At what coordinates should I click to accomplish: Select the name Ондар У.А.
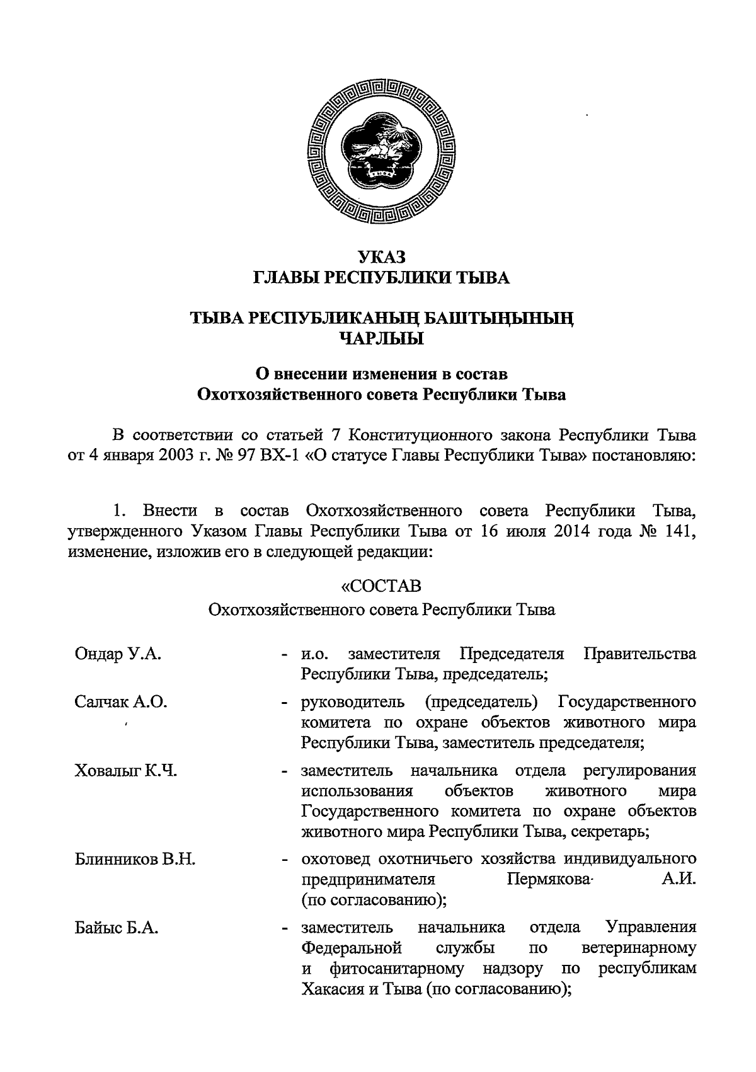[117, 654]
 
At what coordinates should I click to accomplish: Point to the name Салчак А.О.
[120, 702]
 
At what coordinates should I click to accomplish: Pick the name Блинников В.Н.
[135, 859]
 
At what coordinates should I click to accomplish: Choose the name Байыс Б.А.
[116, 928]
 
